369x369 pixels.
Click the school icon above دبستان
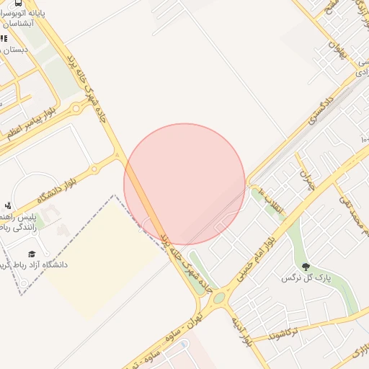click(4, 38)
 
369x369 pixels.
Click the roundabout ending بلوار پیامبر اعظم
click(76, 109)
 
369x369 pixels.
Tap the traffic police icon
click(8, 205)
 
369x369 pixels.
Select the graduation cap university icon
click(32, 254)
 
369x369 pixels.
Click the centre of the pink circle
click(184, 184)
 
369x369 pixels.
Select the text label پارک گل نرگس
click(302, 278)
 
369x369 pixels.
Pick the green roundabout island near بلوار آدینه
click(218, 297)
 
